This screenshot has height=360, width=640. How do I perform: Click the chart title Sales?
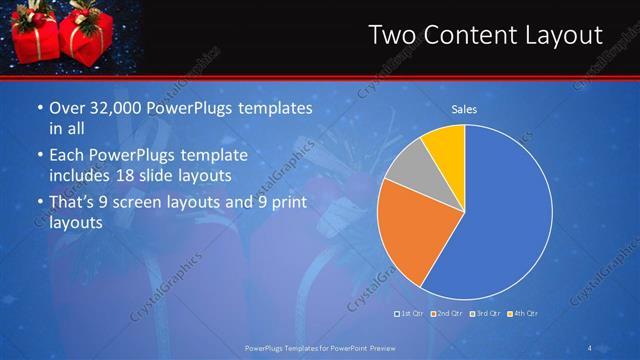[x=464, y=109]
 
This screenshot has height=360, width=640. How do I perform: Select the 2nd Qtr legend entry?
[x=447, y=314]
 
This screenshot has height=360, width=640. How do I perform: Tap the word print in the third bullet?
[x=291, y=203]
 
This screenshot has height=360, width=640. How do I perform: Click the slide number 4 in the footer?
[x=590, y=347]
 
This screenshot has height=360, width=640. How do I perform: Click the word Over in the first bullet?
[x=67, y=108]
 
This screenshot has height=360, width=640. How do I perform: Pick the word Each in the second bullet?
[x=66, y=155]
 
